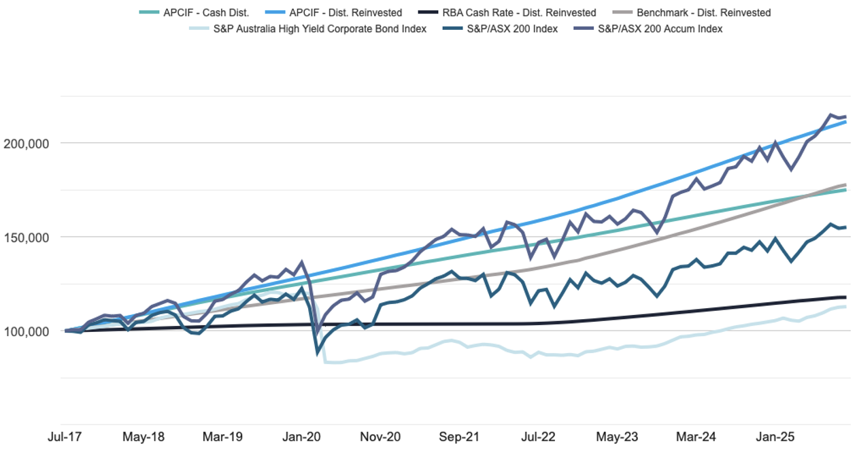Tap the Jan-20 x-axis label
301,436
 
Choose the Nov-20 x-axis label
380,436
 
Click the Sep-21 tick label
459,436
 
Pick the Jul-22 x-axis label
538,436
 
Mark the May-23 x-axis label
617,436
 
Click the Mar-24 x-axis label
696,436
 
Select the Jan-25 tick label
775,436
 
